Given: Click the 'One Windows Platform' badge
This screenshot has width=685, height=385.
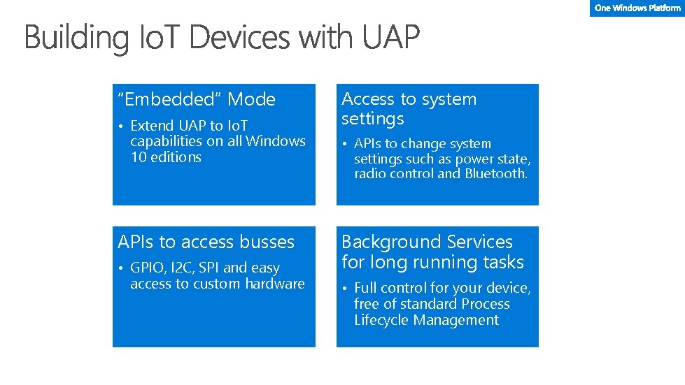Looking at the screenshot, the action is click(x=637, y=8).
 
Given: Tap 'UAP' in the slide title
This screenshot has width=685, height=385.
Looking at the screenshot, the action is click(x=391, y=38).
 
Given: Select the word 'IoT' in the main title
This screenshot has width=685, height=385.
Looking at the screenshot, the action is click(x=160, y=38).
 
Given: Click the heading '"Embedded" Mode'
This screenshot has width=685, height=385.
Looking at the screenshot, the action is click(x=197, y=99).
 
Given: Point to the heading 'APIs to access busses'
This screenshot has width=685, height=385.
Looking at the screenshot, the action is click(x=206, y=242).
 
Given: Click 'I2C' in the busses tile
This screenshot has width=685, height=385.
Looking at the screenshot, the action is click(x=181, y=268).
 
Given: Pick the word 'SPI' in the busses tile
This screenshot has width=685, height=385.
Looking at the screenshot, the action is click(x=209, y=268).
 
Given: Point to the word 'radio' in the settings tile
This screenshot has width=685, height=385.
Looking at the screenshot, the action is click(x=369, y=174).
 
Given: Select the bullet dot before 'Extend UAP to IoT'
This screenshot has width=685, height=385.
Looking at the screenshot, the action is click(x=120, y=126).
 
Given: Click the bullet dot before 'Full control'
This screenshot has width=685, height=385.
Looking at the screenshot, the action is click(x=344, y=289).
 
